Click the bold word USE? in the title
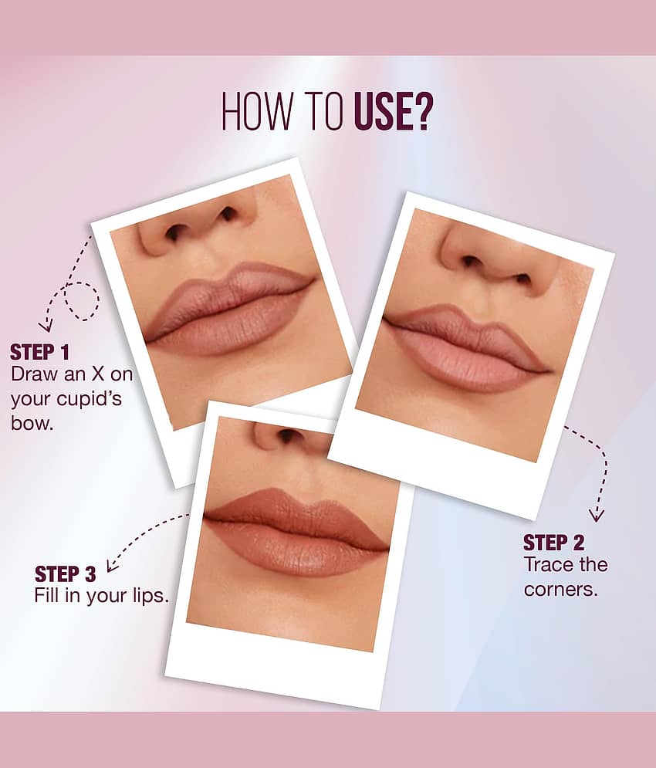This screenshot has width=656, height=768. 393,111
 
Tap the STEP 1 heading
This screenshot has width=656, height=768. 39,352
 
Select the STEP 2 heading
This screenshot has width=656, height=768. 553,543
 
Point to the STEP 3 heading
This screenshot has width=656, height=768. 65,574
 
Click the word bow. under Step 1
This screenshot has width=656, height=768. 32,422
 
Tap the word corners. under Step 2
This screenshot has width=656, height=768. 561,589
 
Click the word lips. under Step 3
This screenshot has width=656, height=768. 150,596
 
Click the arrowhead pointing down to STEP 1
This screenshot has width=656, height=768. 46,326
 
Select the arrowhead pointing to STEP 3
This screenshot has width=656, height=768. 112,565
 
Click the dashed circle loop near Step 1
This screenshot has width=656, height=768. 82,302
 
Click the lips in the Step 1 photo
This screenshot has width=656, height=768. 229,309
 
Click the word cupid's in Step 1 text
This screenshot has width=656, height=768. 90,399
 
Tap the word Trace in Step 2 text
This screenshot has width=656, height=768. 548,565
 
